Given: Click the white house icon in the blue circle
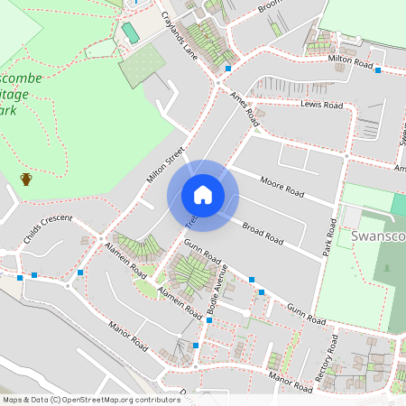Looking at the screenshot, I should tap(202, 195).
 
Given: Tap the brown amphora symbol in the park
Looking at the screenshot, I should tap(26, 179).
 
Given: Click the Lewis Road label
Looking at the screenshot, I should tap(322, 106).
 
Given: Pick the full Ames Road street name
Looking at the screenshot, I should tap(245, 108).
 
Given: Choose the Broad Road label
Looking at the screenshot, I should tap(263, 230).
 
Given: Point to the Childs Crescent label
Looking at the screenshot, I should tap(47, 228).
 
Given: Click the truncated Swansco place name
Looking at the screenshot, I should tap(379, 235).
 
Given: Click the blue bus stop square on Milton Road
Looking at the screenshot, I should tap(378, 70).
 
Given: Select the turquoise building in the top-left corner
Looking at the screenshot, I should tap(131, 32).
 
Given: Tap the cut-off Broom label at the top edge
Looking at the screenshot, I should tap(272, 5).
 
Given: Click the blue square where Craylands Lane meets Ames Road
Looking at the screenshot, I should tap(228, 69).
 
